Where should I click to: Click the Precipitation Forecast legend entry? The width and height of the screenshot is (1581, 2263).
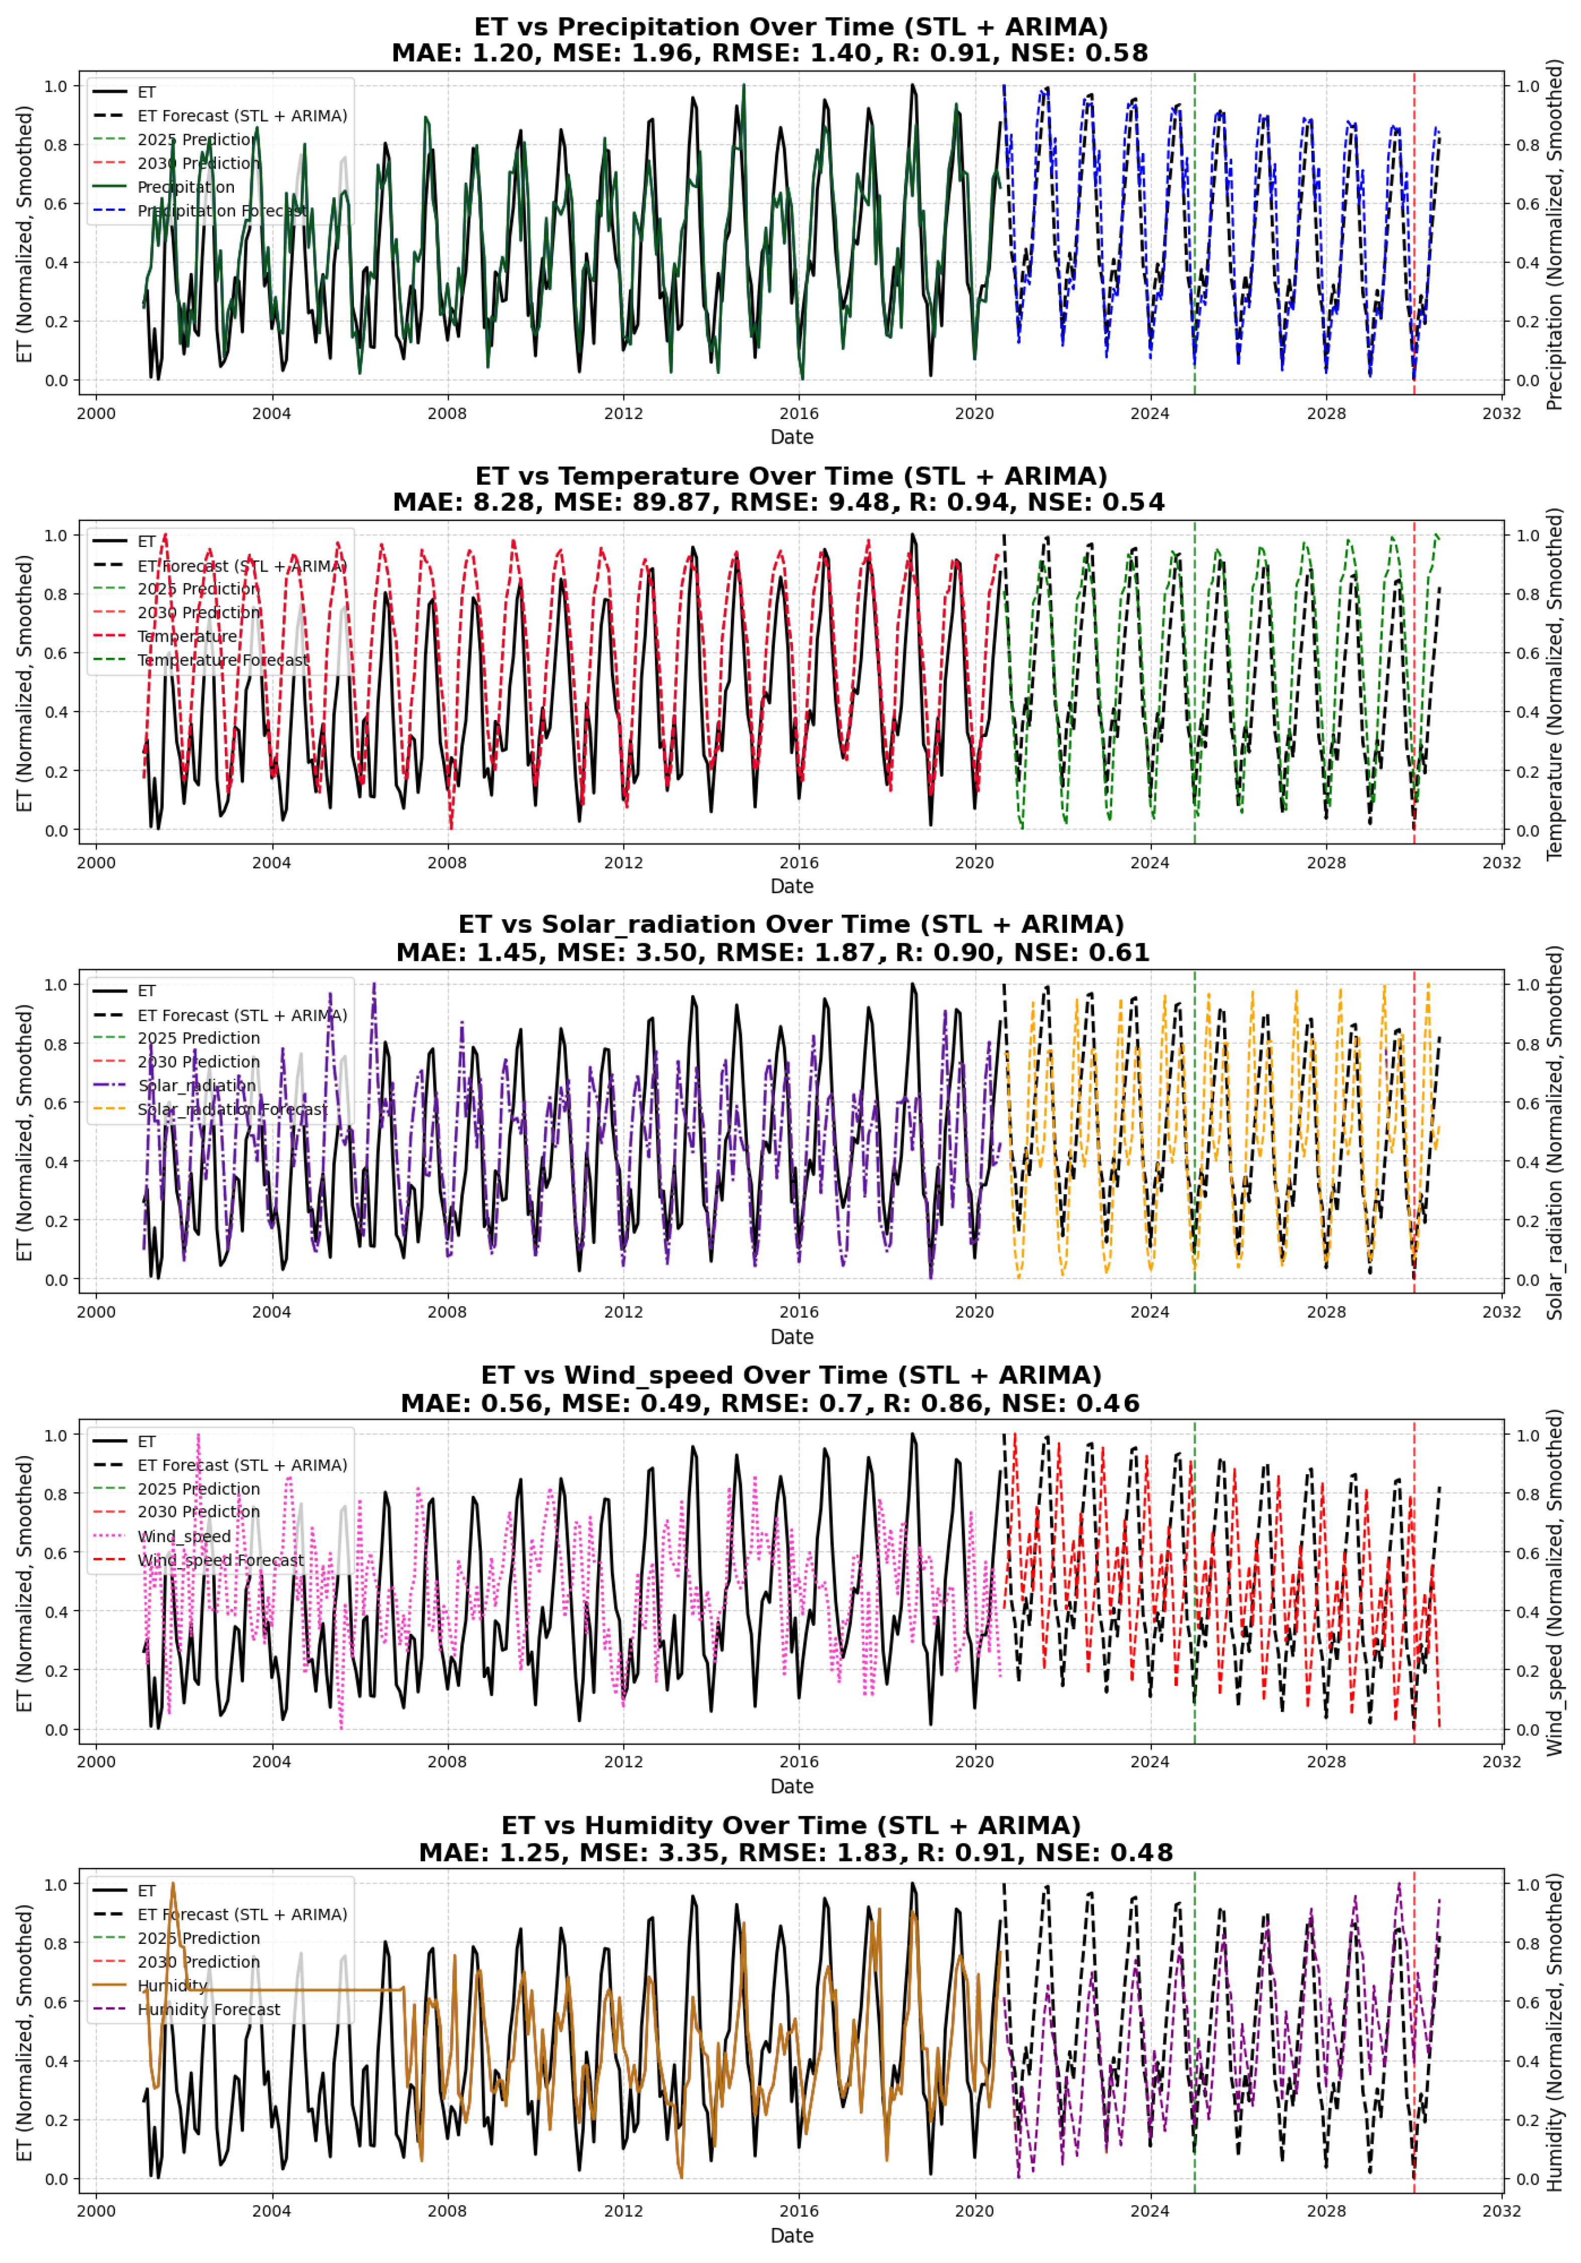coord(222,211)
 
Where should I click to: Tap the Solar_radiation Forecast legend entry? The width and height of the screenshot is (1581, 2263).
coord(232,1110)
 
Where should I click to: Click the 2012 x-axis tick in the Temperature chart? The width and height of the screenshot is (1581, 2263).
coord(623,863)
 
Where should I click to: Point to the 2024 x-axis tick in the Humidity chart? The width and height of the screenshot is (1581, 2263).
coord(1150,2211)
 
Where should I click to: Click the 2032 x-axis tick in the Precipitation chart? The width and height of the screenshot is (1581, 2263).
coord(1501,413)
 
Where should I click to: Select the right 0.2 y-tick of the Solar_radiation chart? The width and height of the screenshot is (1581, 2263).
coord(1528,1221)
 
